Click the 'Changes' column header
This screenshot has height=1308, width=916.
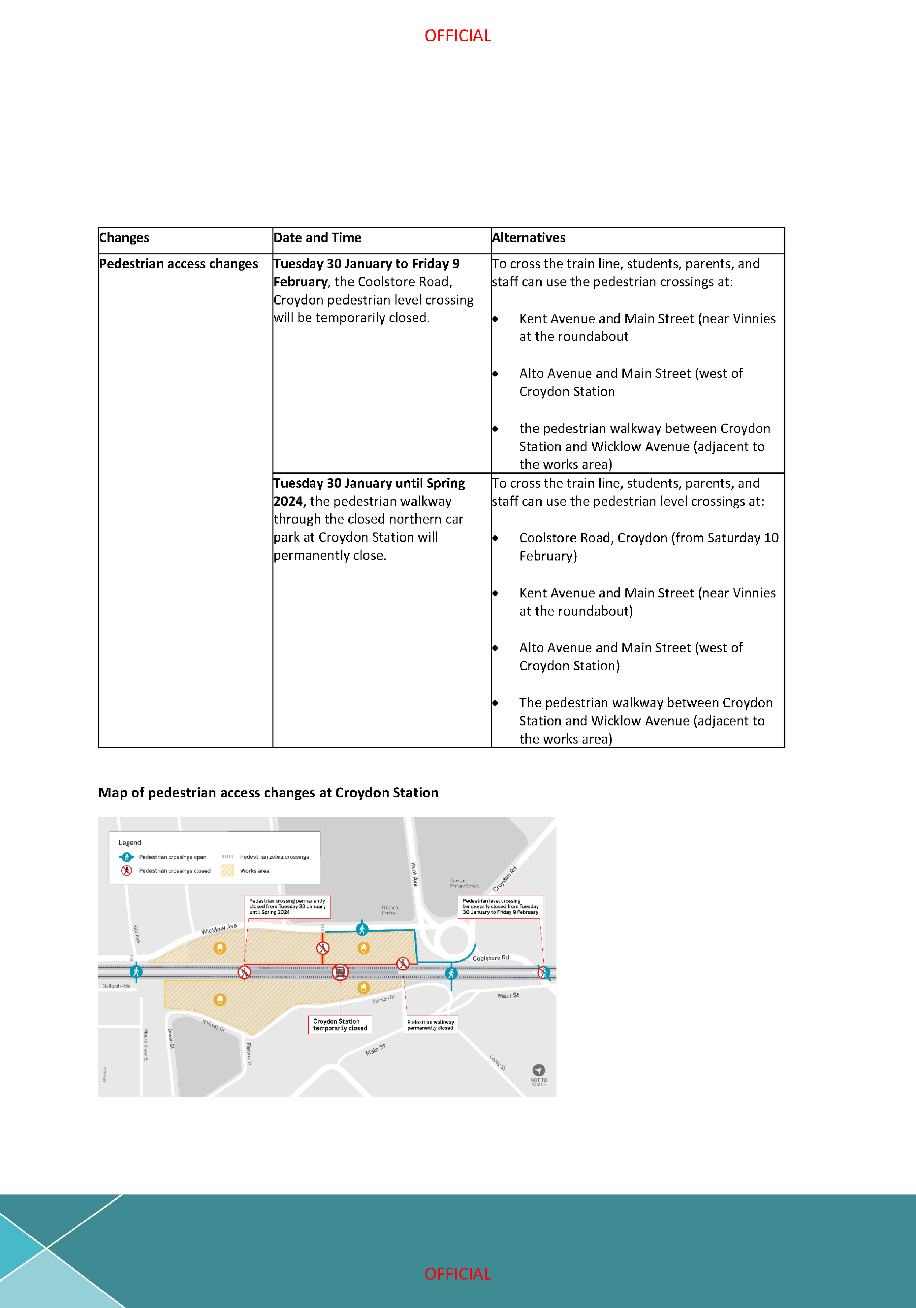124,237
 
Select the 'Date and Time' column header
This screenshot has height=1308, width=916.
317,237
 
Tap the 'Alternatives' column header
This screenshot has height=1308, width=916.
529,237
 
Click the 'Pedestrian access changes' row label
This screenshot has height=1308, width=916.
178,264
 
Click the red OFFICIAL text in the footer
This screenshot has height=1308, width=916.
457,1274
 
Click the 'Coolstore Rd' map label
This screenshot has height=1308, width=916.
491,958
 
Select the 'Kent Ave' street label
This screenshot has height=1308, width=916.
415,874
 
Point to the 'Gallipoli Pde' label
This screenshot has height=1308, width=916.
116,985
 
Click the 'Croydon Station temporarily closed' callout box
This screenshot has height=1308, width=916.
340,1025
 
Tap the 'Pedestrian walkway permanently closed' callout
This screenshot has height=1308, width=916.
431,1025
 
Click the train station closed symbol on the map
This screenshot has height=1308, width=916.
340,971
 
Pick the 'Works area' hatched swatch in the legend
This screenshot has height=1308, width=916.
227,870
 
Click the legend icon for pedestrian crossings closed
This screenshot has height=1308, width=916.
126,870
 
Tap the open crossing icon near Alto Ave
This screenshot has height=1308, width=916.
136,971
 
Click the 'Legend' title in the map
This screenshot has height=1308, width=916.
129,843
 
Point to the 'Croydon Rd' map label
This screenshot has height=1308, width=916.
505,879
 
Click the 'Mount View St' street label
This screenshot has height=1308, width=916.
146,1045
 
